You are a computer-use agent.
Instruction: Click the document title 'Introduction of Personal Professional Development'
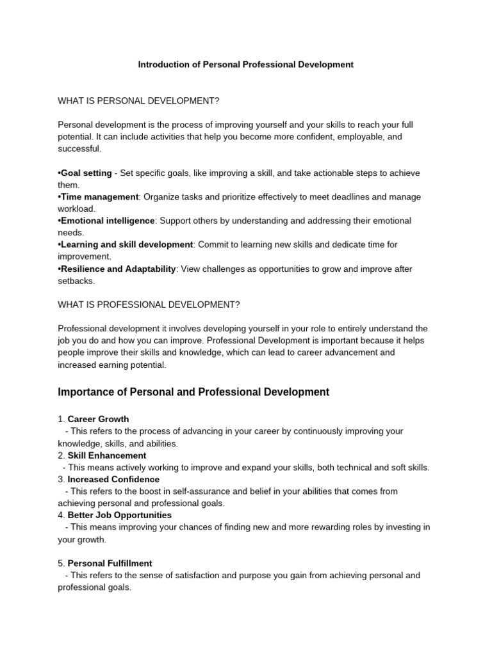tap(246, 65)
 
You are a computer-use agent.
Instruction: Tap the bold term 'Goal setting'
tap(86, 173)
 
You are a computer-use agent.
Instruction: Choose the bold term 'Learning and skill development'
tap(126, 244)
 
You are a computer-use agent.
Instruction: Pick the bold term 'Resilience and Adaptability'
tap(118, 269)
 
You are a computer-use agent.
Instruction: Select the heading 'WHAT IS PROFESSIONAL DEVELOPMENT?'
tap(149, 304)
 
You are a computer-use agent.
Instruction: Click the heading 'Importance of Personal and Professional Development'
tap(193, 392)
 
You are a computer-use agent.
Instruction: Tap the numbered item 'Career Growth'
tap(98, 420)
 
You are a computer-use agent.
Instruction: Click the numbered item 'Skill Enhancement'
tap(107, 455)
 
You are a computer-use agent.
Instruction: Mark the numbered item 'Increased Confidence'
tap(113, 479)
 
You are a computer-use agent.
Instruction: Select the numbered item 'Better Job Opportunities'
tap(120, 515)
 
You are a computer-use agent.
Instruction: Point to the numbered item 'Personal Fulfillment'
tap(110, 564)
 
